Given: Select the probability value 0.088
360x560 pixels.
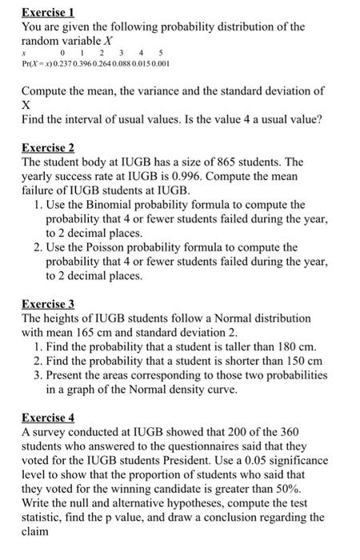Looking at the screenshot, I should pyautogui.click(x=129, y=62).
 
